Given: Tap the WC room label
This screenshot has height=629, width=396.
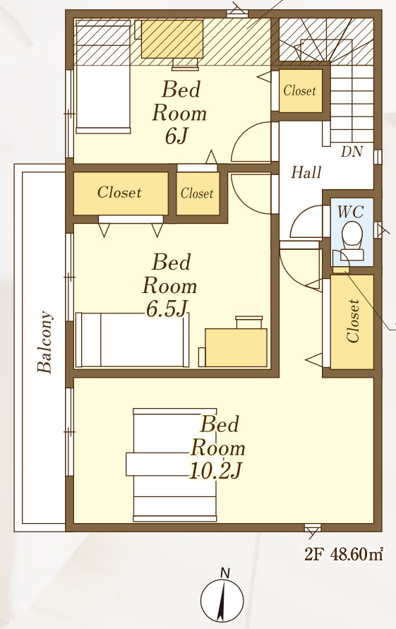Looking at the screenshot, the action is click(x=351, y=211).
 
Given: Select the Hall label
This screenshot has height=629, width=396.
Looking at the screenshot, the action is click(x=306, y=172).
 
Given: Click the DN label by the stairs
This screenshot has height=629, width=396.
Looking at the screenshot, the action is click(x=352, y=152).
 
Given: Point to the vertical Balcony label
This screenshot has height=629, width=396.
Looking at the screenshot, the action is click(x=45, y=342).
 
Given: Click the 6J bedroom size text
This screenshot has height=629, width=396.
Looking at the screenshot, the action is click(x=176, y=136).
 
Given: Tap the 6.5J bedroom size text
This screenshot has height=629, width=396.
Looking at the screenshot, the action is click(x=167, y=309).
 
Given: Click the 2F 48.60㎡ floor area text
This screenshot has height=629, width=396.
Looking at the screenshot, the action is click(x=344, y=554).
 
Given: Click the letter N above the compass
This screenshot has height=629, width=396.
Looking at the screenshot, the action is click(x=225, y=573).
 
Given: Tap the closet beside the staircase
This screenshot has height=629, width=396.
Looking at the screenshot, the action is click(x=300, y=90).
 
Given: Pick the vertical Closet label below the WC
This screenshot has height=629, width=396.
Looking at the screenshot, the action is click(x=353, y=321).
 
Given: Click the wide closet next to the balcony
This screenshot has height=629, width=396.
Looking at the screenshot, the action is click(x=121, y=193).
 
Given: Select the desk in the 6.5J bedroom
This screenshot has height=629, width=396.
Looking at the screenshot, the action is click(x=236, y=347).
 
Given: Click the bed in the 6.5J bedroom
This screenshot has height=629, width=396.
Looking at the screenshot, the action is click(x=132, y=340).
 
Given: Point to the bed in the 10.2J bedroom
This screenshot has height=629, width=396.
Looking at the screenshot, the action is click(x=174, y=465).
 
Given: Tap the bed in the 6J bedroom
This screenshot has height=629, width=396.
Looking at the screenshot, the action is click(x=103, y=77).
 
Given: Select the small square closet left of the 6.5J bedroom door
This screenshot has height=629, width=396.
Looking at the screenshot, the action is click(x=198, y=193).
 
